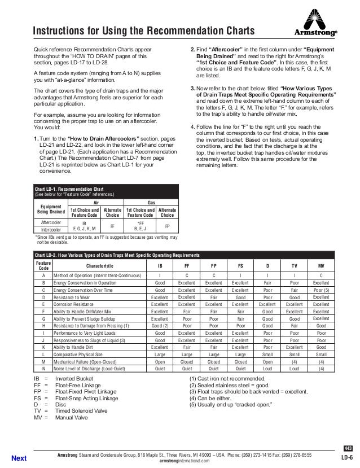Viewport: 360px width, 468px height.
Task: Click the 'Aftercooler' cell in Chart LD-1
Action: tap(51, 222)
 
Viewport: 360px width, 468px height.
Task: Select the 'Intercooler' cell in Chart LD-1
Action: tap(51, 230)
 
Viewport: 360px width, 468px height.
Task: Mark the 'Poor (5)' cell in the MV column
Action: tap(321, 289)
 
